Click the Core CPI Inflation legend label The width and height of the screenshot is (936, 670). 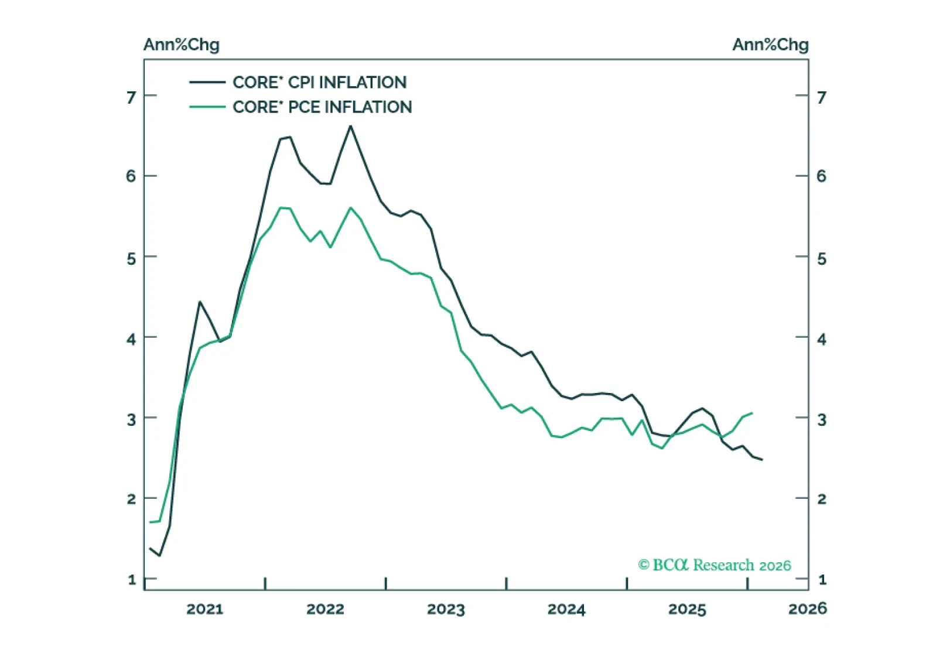(x=319, y=83)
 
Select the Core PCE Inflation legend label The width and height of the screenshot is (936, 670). (x=322, y=107)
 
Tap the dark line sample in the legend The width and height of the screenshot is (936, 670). (x=207, y=83)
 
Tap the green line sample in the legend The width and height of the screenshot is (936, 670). (x=207, y=107)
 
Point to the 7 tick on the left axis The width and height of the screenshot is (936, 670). (x=131, y=97)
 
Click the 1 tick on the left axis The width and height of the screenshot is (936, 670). (x=132, y=580)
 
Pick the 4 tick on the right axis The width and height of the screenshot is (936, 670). (x=822, y=339)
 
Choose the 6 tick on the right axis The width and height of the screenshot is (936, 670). (x=822, y=176)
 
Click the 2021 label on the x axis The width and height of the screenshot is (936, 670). (x=205, y=609)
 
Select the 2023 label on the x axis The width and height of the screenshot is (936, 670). (x=446, y=609)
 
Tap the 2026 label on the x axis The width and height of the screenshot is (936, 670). (x=808, y=609)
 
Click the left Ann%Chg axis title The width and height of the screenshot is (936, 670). (x=182, y=45)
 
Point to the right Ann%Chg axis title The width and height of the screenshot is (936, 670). (x=770, y=45)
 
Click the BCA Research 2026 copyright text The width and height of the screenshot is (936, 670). (x=715, y=565)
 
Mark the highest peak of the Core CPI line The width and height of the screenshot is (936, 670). (x=351, y=126)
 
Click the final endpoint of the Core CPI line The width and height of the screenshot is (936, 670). (x=762, y=460)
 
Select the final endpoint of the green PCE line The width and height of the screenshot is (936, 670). (x=752, y=413)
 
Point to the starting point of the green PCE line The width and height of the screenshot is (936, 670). (x=150, y=522)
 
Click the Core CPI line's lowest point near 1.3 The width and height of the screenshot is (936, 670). (x=159, y=555)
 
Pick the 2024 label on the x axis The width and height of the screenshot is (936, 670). (x=566, y=609)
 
